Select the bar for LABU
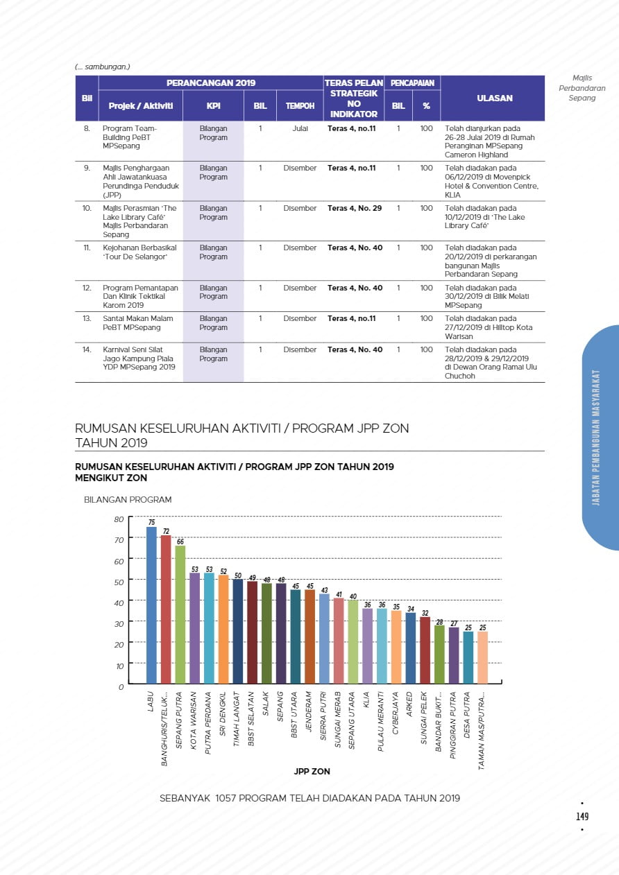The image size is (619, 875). pyautogui.click(x=151, y=605)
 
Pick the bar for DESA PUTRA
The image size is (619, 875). pyautogui.click(x=468, y=657)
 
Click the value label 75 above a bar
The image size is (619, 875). pyautogui.click(x=151, y=522)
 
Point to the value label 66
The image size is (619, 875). pyautogui.click(x=180, y=542)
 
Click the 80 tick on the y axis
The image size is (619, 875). pyautogui.click(x=119, y=519)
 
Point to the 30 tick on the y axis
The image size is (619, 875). pyautogui.click(x=119, y=624)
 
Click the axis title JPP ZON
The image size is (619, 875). pyautogui.click(x=312, y=771)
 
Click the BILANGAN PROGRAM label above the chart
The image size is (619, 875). pyautogui.click(x=128, y=499)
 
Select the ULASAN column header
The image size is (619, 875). pyautogui.click(x=495, y=98)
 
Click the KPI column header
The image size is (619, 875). pyautogui.click(x=213, y=106)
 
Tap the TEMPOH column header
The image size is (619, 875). pyautogui.click(x=300, y=106)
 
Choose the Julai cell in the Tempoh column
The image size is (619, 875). pyautogui.click(x=300, y=129)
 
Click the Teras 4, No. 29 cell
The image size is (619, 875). pyautogui.click(x=355, y=208)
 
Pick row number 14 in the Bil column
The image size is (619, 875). pyautogui.click(x=87, y=349)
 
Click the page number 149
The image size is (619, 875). pyautogui.click(x=582, y=817)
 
